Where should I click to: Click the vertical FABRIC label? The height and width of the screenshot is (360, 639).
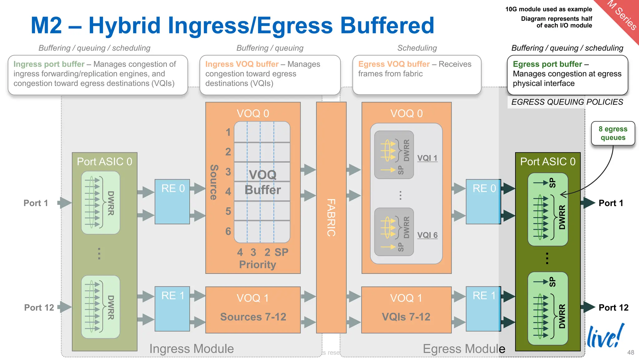point(331,218)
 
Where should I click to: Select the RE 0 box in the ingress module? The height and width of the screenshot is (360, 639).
point(173,201)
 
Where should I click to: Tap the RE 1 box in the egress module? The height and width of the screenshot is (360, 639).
point(483,308)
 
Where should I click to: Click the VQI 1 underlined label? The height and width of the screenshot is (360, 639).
point(427,158)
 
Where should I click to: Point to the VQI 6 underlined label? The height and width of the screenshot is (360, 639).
point(427,235)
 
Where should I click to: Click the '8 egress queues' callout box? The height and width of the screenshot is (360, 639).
point(613,133)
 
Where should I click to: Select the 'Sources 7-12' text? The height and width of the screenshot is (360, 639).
point(253,317)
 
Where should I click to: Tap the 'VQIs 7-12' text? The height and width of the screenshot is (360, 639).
point(406,317)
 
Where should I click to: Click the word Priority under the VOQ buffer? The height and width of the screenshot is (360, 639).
point(257,264)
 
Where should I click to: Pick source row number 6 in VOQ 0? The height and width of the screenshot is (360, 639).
point(228,231)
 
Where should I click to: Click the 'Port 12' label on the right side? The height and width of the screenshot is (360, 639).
point(613,308)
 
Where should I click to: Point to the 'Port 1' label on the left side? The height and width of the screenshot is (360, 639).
point(36,203)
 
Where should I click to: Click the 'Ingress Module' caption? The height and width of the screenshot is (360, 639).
point(191,349)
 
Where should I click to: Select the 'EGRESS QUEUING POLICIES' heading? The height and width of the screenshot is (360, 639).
point(567,102)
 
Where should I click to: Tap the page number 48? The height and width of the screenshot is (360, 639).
point(631,353)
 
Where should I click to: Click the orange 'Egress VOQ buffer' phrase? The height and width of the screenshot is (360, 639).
point(394,64)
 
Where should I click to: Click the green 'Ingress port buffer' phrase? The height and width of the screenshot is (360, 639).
point(49,64)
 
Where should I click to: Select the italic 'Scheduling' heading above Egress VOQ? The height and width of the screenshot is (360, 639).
point(417,48)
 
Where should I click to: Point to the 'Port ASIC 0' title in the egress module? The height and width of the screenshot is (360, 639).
point(548,161)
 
